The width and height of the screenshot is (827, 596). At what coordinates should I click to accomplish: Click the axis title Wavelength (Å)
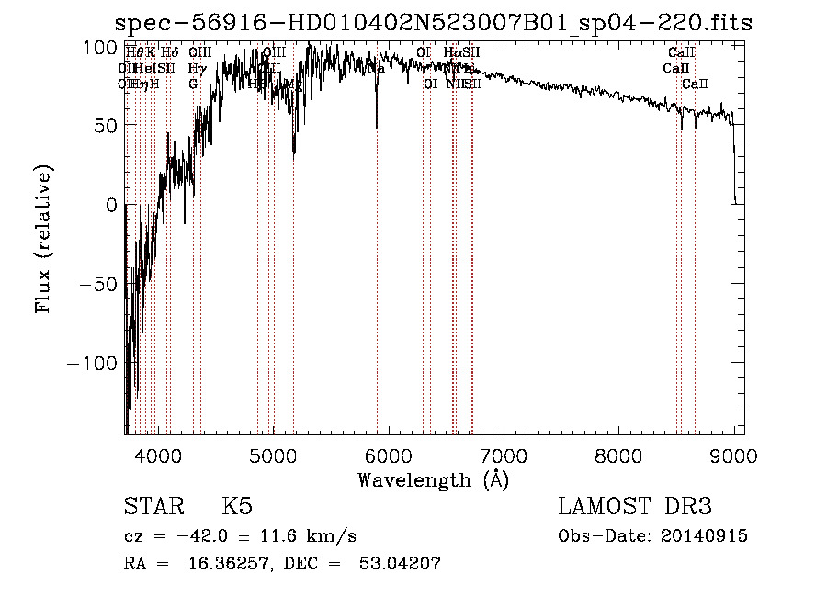coord(433,479)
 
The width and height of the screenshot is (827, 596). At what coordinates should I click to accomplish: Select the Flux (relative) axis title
coord(44,240)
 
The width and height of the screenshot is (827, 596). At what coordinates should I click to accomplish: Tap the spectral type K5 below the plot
coord(237,507)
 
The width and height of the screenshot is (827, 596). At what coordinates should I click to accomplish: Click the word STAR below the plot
coord(153,507)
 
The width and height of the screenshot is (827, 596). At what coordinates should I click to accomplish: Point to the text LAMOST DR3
coord(635,507)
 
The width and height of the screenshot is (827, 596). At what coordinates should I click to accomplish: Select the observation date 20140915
coord(704,536)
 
